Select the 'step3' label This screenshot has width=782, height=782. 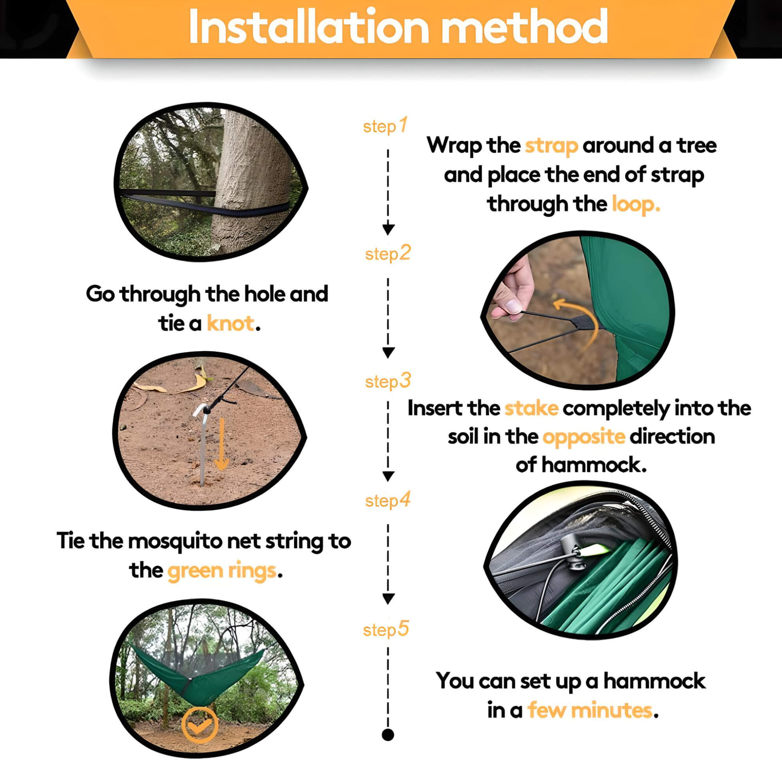388,381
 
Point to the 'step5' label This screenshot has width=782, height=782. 386,630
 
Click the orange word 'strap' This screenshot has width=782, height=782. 551,146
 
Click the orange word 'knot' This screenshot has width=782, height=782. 231,323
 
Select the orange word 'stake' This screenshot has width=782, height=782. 531,409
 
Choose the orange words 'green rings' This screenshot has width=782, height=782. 222,571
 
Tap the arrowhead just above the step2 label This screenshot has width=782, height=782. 388,230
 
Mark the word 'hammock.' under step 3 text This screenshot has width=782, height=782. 581,465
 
